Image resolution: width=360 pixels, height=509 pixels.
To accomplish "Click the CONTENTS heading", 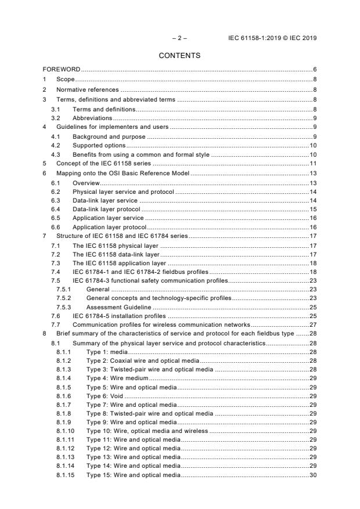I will pos(179,56).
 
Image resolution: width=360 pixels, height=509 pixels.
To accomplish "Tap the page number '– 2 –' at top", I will pos(179,38).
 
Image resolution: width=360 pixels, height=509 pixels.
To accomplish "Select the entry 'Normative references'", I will pos(87,89).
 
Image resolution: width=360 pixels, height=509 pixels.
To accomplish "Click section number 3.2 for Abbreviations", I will pos(55,118).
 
